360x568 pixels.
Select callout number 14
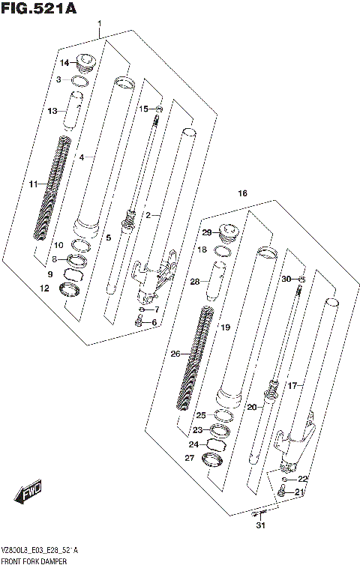pos(64,62)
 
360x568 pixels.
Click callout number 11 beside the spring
pos(33,184)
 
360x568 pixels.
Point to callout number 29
pos(206,234)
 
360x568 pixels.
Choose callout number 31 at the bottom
pos(260,525)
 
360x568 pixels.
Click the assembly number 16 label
pos(241,193)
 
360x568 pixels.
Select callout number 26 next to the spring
pos(175,354)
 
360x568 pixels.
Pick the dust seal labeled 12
pos(71,288)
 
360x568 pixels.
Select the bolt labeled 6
pos(139,322)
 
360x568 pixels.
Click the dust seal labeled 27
pos(214,459)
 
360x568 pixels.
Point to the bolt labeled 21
pos(280,492)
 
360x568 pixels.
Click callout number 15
pos(142,109)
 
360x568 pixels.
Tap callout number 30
pos(286,280)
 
